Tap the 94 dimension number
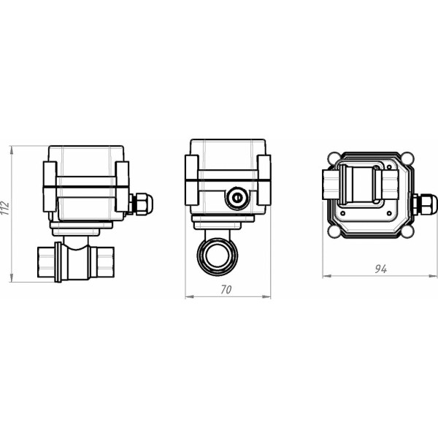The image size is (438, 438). (x=380, y=269)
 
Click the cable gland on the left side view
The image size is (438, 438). (x=141, y=204)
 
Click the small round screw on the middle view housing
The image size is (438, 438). (x=235, y=197)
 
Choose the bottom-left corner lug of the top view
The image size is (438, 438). (x=334, y=232)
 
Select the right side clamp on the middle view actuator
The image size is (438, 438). (x=264, y=180)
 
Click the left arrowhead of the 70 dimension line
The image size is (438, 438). (x=188, y=297)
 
